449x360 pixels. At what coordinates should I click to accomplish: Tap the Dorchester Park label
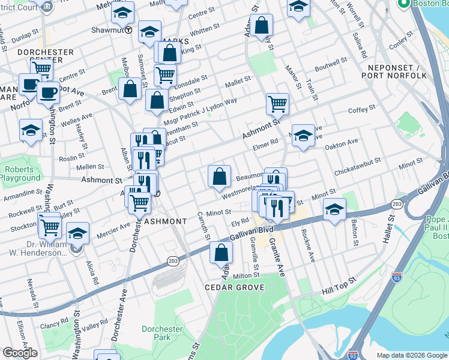[x=162, y=334]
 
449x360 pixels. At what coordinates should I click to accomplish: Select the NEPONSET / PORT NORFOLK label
[x=394, y=71]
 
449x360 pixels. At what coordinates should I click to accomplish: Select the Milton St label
[x=246, y=275]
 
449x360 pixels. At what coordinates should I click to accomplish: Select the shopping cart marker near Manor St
[x=277, y=104]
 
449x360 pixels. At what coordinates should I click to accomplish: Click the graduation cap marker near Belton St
[x=335, y=209]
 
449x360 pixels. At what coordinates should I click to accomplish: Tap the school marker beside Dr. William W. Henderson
[x=78, y=233]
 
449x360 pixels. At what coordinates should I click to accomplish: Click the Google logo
[x=20, y=353]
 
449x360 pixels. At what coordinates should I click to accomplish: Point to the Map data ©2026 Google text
[x=411, y=355]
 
